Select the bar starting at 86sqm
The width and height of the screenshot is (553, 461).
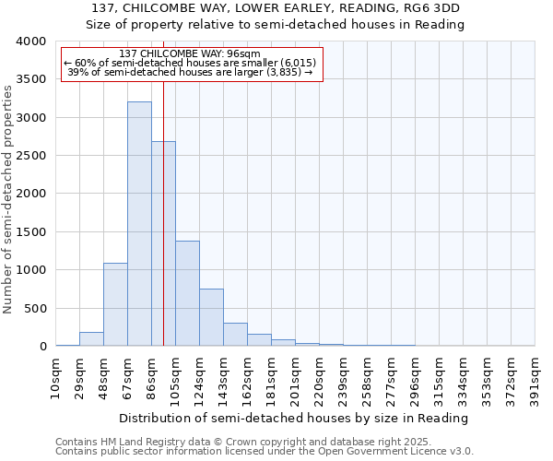[163, 243]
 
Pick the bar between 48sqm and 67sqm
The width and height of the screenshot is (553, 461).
[115, 304]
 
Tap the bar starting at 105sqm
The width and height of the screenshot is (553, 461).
[187, 293]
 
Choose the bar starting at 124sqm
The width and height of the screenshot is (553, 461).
[211, 317]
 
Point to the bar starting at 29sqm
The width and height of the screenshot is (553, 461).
[91, 338]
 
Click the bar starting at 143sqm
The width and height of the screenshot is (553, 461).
[235, 335]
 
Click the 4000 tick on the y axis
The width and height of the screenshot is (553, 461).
[30, 41]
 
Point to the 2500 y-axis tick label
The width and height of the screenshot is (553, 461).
[30, 156]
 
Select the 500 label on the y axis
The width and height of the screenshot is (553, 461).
[35, 308]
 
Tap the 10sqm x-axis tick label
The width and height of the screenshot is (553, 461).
[55, 376]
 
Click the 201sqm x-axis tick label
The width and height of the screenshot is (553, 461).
[295, 376]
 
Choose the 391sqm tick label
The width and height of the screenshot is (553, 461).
[535, 376]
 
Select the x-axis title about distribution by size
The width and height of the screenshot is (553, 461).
[295, 418]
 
